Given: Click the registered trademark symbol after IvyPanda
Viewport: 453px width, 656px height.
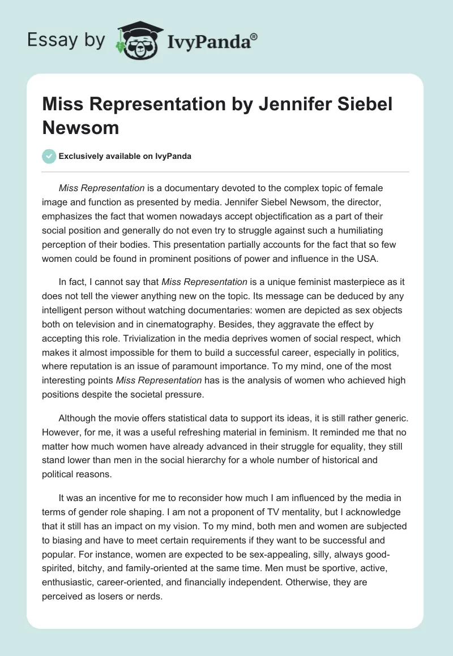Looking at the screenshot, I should (254, 36).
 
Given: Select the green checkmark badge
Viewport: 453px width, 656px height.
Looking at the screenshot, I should (49, 156).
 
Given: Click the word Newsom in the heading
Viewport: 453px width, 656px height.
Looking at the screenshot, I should (80, 127).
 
